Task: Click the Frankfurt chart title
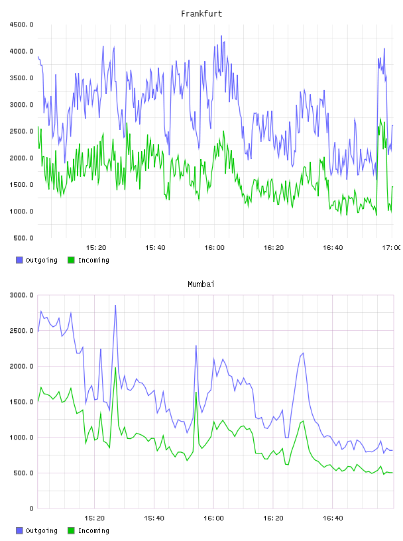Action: (x=201, y=14)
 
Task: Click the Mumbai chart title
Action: (x=201, y=284)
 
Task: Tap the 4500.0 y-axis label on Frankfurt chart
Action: (x=21, y=25)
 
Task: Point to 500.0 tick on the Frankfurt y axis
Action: (x=23, y=238)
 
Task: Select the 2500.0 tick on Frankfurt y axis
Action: (x=21, y=131)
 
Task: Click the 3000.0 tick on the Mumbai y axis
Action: (x=21, y=295)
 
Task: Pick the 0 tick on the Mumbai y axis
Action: (x=31, y=509)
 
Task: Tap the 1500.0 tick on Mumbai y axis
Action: (x=21, y=402)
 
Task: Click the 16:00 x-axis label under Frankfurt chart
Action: (x=214, y=248)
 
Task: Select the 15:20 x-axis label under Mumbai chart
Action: (x=94, y=518)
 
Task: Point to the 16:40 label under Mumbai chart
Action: (x=333, y=518)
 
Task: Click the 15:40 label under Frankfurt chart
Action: (x=155, y=248)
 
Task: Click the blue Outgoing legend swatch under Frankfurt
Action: (x=19, y=260)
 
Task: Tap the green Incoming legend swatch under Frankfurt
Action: (x=71, y=260)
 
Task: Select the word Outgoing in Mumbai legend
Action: (x=41, y=530)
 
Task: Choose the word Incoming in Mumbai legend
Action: (x=93, y=530)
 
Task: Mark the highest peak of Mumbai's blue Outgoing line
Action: (x=115, y=305)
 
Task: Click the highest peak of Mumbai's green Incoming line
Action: (x=115, y=368)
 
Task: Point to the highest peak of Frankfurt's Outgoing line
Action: (x=221, y=36)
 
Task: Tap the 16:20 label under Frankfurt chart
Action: (x=274, y=248)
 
